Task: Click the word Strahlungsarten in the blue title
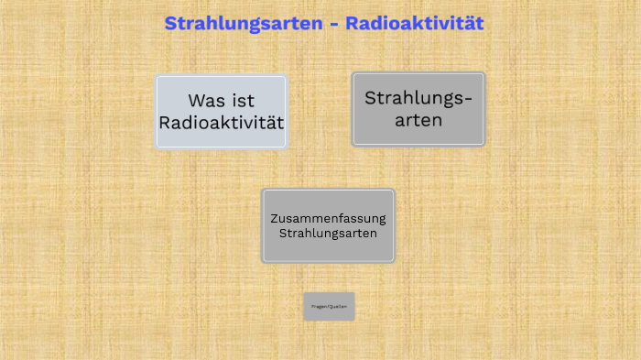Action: [x=244, y=23]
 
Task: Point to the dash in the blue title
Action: [x=334, y=24]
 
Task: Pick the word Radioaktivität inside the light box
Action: [x=222, y=122]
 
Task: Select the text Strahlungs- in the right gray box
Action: [x=418, y=98]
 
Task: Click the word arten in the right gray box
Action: [x=418, y=119]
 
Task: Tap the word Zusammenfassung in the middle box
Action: [x=328, y=218]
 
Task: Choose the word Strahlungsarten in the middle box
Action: [x=328, y=233]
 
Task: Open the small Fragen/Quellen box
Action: [x=329, y=306]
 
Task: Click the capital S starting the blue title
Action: [x=171, y=23]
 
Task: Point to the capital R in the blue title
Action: [x=353, y=23]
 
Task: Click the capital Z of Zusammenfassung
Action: [x=273, y=218]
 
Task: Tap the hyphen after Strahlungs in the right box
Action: [x=469, y=99]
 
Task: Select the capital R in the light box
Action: [x=166, y=122]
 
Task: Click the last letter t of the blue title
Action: [x=478, y=23]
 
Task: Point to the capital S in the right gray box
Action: [x=371, y=98]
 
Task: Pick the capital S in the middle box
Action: [x=283, y=233]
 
